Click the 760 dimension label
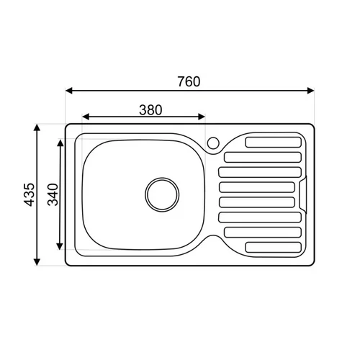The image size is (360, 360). click(189, 81)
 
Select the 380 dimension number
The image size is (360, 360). click(150, 110)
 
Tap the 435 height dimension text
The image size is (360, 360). click(30, 194)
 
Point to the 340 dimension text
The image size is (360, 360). click(53, 194)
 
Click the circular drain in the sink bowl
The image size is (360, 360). click(162, 194)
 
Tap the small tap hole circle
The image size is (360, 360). click(213, 143)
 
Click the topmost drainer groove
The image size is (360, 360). click(274, 142)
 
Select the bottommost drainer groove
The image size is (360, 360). click(274, 247)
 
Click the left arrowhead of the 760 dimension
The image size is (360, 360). click(69, 91)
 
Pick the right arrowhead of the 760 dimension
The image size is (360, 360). click(311, 91)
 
